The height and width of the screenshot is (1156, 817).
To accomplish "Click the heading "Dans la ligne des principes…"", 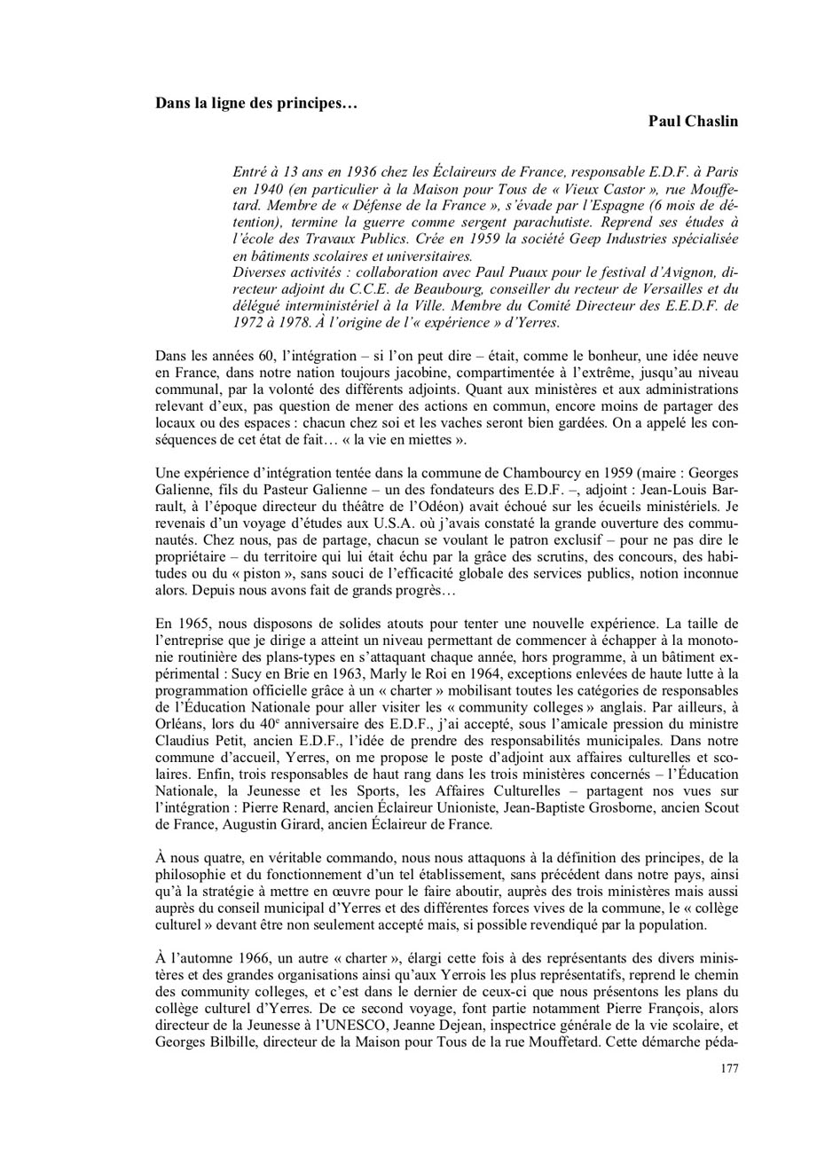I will [256, 103].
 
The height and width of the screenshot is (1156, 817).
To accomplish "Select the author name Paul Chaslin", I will [693, 121].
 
